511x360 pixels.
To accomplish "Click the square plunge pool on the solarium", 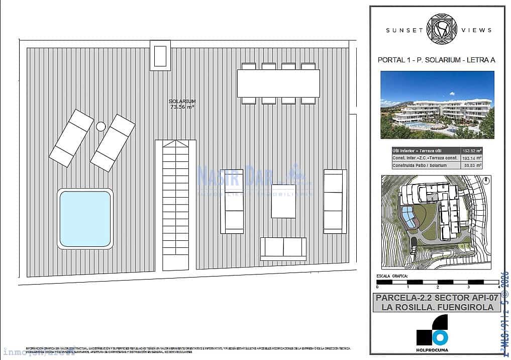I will click(85, 219).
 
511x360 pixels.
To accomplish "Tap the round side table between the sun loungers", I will click(100, 126).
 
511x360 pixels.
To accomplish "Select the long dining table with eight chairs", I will click(278, 83).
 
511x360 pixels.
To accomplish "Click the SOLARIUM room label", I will click(182, 102).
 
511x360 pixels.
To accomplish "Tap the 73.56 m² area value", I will click(182, 107).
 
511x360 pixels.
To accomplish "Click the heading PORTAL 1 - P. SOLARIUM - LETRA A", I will click(436, 60).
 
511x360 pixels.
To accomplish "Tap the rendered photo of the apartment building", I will click(437, 105).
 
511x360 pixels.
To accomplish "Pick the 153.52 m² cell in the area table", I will click(472, 150).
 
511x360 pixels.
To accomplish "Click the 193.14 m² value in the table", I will click(472, 158).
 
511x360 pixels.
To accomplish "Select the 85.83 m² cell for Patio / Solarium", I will click(472, 165).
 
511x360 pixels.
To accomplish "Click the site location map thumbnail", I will click(437, 221).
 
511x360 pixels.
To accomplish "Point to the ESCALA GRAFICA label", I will click(392, 277).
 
